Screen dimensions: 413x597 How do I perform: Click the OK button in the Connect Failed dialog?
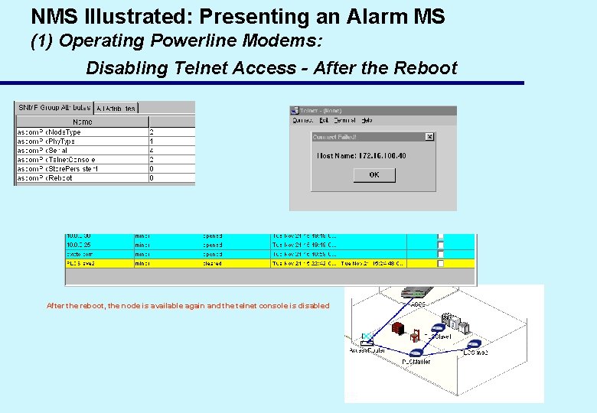(x=374, y=174)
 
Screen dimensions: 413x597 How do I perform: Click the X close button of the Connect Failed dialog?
(x=429, y=137)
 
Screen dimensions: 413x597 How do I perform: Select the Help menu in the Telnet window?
(x=367, y=120)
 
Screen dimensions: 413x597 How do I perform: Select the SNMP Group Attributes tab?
(x=54, y=108)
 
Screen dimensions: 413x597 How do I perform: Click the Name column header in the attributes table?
(x=82, y=121)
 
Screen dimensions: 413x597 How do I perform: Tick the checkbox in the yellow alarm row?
(x=440, y=263)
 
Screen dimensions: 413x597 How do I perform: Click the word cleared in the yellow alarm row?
(x=212, y=263)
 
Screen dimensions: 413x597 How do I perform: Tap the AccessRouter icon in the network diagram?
(x=367, y=338)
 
